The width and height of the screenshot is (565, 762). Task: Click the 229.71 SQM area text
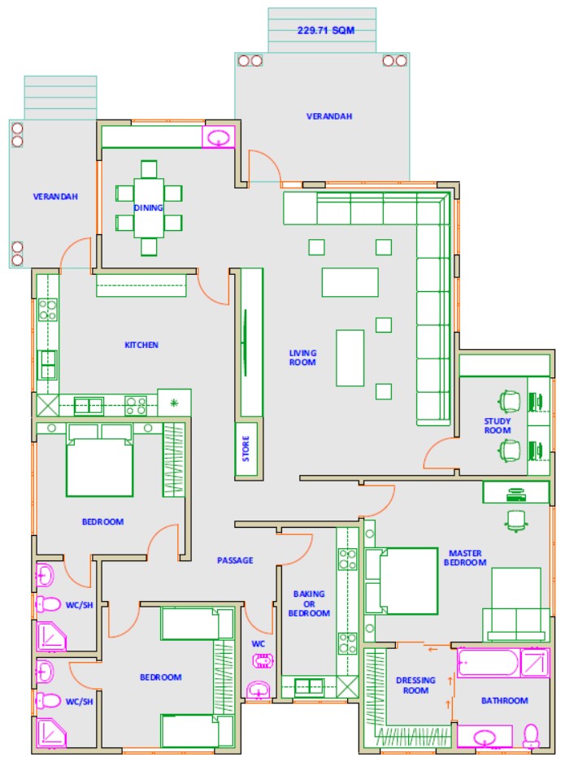[x=325, y=30]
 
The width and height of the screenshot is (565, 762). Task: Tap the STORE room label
[x=246, y=448]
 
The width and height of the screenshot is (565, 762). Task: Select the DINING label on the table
[x=148, y=207]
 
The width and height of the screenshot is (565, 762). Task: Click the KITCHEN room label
[x=141, y=345]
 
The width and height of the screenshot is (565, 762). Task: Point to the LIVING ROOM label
[x=302, y=358]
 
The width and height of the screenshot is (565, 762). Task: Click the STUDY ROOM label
[x=498, y=425]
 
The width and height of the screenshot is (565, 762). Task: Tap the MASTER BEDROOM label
[x=465, y=558]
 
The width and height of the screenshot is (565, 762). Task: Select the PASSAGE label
[x=235, y=560]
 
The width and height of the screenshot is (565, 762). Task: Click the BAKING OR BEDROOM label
[x=309, y=603]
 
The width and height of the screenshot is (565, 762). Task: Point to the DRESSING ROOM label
[x=415, y=686]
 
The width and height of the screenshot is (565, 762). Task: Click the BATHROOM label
[x=504, y=700]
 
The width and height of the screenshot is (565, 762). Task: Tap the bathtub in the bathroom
[x=488, y=662]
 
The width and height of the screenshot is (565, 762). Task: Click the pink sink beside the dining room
[x=218, y=137]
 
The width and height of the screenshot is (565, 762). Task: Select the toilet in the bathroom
[x=531, y=736]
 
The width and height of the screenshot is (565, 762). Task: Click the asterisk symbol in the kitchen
[x=174, y=403]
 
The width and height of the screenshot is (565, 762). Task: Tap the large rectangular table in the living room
[x=350, y=282]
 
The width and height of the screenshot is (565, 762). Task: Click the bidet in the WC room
[x=263, y=661]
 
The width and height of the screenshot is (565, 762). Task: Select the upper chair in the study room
[x=509, y=401]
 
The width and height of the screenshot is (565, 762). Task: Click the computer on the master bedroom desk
[x=516, y=494]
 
